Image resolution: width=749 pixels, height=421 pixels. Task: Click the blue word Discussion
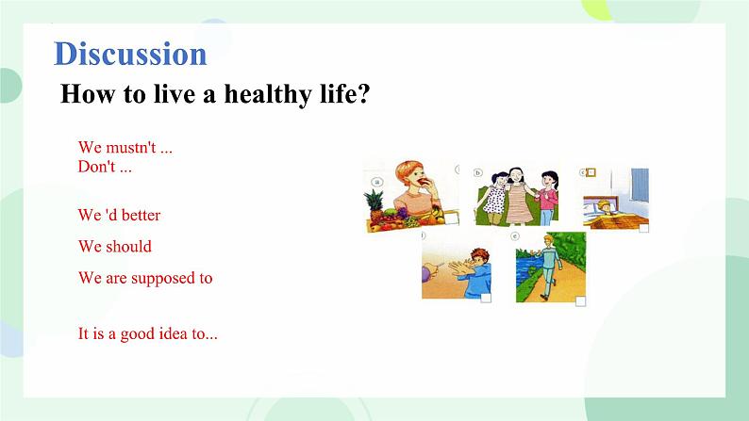click(130, 54)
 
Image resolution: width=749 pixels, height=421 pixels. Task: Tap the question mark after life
click(363, 93)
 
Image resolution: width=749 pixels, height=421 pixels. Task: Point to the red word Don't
click(96, 167)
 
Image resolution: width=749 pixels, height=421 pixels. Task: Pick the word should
click(128, 247)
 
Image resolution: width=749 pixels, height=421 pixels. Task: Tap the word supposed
click(162, 279)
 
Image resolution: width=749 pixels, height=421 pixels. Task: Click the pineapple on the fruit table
click(374, 205)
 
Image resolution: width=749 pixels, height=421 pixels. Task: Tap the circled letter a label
click(377, 182)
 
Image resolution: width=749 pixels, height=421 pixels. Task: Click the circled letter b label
click(477, 172)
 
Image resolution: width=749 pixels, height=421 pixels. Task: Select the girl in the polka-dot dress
click(494, 200)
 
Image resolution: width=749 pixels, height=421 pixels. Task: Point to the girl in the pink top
click(547, 198)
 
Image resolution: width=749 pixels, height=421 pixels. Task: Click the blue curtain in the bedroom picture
click(640, 185)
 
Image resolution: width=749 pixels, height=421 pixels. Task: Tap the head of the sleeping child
click(605, 206)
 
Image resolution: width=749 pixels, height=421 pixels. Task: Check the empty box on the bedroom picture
click(644, 228)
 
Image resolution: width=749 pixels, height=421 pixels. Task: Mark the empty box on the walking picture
click(580, 300)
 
